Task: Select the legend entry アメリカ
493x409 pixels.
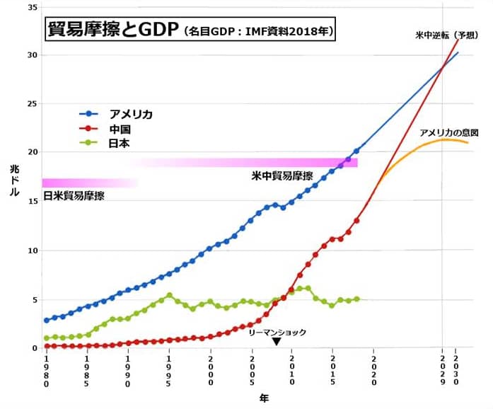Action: tap(130, 114)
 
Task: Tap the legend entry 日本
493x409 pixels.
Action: tap(119, 143)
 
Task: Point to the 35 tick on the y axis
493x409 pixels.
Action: tap(32, 6)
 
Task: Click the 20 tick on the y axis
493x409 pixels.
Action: tap(32, 152)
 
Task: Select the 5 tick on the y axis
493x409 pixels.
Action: tap(34, 299)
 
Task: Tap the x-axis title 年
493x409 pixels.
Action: tap(264, 398)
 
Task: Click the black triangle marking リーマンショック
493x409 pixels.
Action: tap(277, 341)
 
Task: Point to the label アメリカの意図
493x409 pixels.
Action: tap(448, 132)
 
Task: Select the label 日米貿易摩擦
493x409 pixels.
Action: tap(74, 196)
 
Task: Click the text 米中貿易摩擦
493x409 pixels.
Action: tap(282, 175)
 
